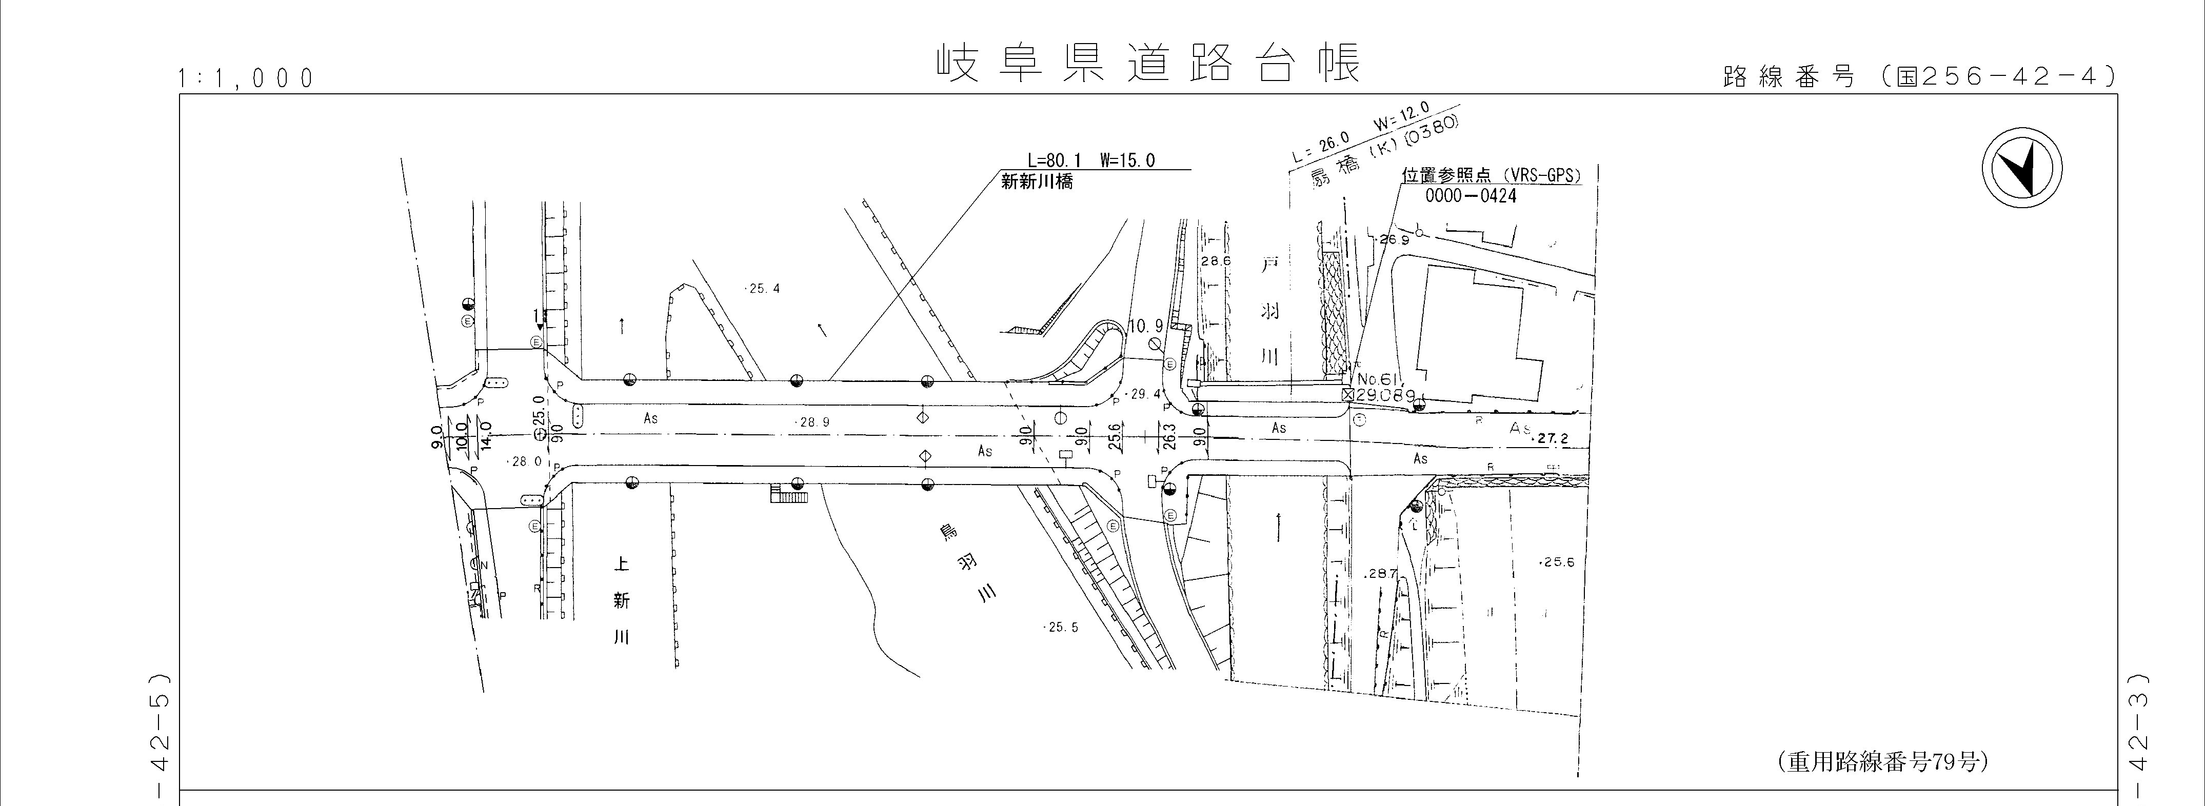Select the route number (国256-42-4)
pos(1919,77)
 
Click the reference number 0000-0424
pos(1471,196)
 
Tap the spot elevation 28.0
pos(526,461)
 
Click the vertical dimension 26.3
pos(1169,436)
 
